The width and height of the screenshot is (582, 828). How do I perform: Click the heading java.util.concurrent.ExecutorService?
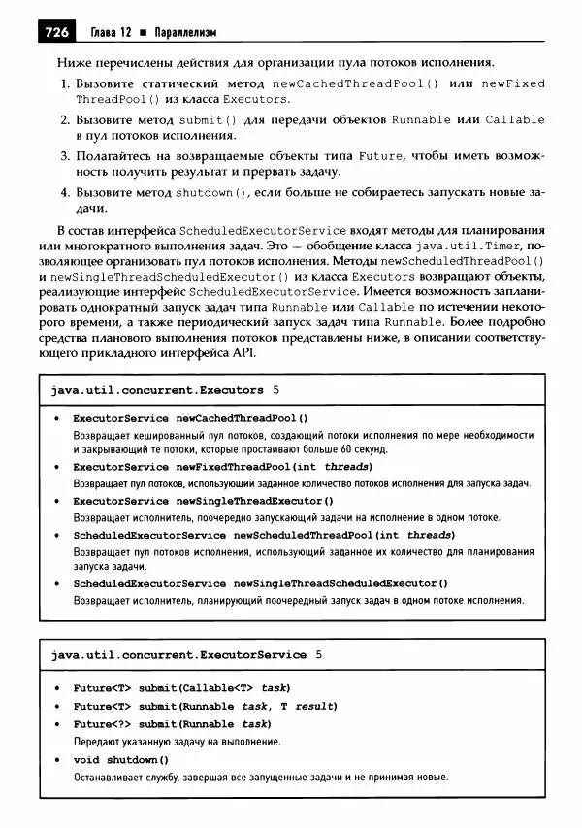pyautogui.click(x=178, y=654)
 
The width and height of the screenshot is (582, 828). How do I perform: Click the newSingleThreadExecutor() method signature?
pyautogui.click(x=203, y=501)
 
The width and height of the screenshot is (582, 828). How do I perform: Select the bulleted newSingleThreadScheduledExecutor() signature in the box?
pyautogui.click(x=260, y=583)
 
